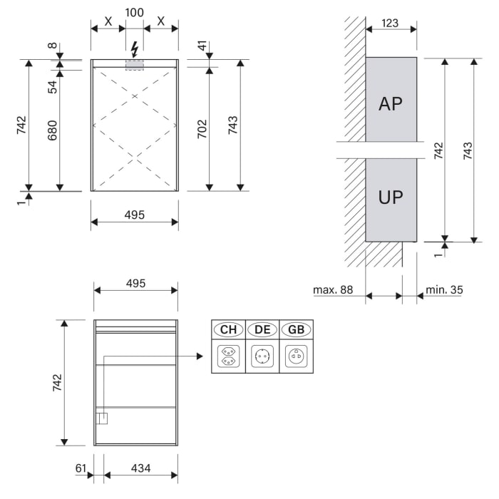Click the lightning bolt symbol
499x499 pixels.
point(135,49)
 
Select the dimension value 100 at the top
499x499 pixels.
point(134,12)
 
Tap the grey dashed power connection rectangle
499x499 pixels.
point(135,65)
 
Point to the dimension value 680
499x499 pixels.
point(52,130)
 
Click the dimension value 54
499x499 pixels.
point(52,86)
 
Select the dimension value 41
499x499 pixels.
point(202,48)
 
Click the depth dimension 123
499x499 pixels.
point(389,23)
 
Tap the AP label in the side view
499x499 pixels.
point(391,104)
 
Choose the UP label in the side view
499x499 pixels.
point(391,197)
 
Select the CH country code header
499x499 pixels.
point(228,329)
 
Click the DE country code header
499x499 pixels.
point(262,329)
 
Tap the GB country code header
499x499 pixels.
point(297,329)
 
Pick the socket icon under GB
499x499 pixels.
point(297,355)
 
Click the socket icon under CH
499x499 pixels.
point(228,355)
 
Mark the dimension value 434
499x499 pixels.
point(141,468)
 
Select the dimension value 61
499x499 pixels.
point(81,468)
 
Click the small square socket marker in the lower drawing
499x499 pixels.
point(102,418)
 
